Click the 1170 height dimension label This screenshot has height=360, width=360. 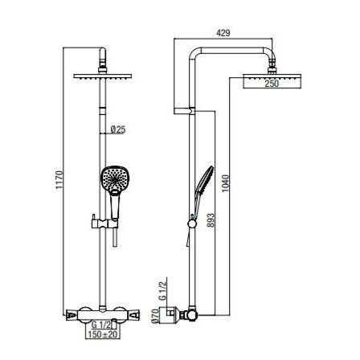[x=59, y=179]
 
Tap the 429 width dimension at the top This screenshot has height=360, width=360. [x=223, y=33]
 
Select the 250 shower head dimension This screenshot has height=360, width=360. [x=272, y=84]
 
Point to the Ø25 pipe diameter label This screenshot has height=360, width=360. [x=118, y=129]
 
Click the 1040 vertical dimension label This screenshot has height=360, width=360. [x=226, y=183]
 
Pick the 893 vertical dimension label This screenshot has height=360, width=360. [x=211, y=220]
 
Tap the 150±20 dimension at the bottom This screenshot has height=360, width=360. [x=103, y=334]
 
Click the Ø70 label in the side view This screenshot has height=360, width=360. [x=155, y=317]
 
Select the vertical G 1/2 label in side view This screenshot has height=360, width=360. [x=162, y=290]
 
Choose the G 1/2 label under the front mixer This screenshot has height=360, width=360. [x=101, y=325]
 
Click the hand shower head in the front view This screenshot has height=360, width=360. [x=116, y=180]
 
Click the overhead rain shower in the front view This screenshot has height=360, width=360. [x=103, y=76]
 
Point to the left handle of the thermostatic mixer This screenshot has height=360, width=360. [x=72, y=315]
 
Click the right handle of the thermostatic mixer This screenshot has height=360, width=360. [x=133, y=315]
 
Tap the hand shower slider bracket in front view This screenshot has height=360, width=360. [x=104, y=223]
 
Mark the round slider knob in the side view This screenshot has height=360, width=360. [x=192, y=224]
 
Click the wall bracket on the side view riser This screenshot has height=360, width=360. [x=184, y=111]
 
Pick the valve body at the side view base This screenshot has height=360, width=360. [x=191, y=315]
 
